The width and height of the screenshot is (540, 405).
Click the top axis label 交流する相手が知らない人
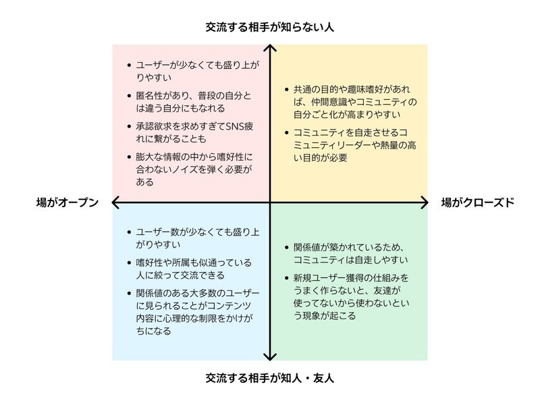coord(270,28)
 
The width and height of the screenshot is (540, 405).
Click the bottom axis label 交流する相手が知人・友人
coord(270,378)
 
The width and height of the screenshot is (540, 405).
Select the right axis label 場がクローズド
coord(477,202)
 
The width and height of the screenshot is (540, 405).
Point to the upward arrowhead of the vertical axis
coord(270,49)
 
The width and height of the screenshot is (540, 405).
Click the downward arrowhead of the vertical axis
coord(270,356)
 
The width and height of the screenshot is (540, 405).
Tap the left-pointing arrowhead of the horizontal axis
coord(115,202)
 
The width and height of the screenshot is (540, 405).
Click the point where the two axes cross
coord(270,202)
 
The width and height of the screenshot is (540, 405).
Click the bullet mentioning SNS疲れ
coord(192,132)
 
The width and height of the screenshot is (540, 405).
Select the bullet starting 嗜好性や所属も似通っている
coord(193,268)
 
